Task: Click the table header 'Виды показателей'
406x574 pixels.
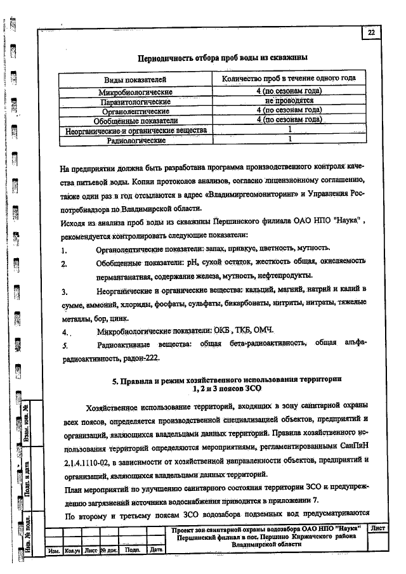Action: [135, 80]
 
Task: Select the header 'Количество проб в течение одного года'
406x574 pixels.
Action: [289, 79]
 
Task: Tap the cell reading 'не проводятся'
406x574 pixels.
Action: [289, 100]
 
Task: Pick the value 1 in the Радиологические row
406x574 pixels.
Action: [289, 138]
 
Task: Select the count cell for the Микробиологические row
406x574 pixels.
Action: [289, 91]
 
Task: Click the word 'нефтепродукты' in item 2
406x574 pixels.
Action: [284, 275]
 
